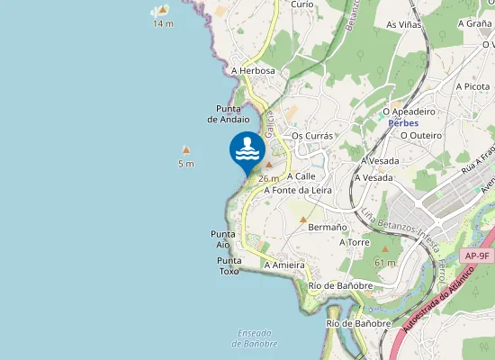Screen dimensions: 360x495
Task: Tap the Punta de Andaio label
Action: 228,113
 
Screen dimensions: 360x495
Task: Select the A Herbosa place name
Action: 253,70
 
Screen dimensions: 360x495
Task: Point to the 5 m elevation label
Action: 185,164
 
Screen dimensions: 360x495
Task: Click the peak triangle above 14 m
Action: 162,10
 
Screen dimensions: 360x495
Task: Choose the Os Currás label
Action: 312,136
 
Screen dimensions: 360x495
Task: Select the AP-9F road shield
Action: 477,256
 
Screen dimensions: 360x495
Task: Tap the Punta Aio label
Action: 223,238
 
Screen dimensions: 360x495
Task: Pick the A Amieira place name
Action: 284,265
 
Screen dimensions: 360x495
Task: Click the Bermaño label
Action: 328,228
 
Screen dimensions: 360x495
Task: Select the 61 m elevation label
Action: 385,262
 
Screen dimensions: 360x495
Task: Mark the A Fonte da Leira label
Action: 299,190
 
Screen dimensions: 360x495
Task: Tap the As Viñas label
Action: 404,25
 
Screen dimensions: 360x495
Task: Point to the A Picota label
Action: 472,86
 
